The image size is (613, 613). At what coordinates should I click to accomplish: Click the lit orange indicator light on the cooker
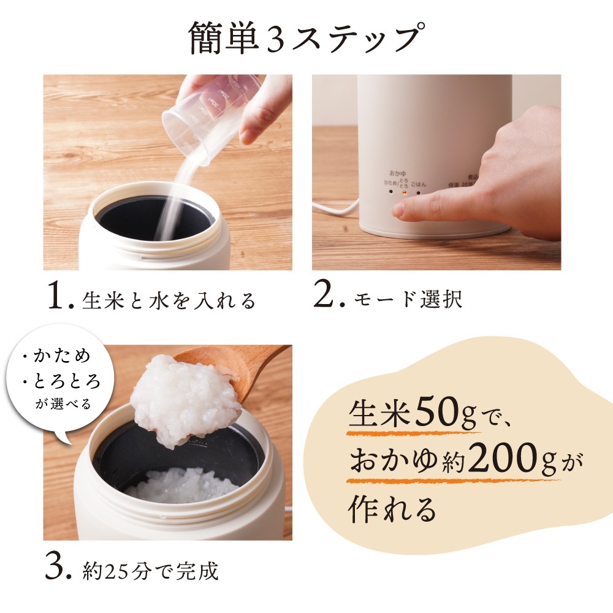[x=404, y=191]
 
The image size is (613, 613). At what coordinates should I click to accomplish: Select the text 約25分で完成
[x=150, y=571]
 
